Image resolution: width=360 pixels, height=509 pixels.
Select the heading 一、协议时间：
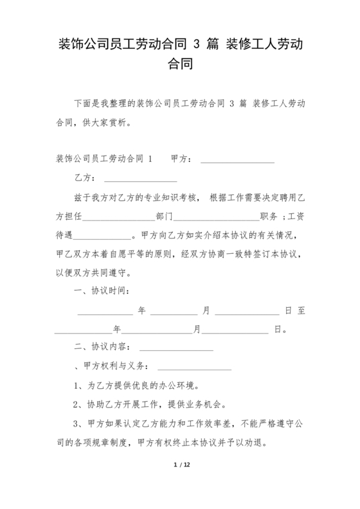(102, 290)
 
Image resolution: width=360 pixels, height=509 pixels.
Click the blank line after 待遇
(103, 235)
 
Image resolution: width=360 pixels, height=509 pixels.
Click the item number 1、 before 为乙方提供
(79, 386)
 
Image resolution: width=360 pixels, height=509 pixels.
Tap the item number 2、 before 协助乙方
(79, 405)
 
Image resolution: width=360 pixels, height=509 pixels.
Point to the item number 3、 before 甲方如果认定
(79, 424)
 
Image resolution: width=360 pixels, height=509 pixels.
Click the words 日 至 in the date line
(294, 310)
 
